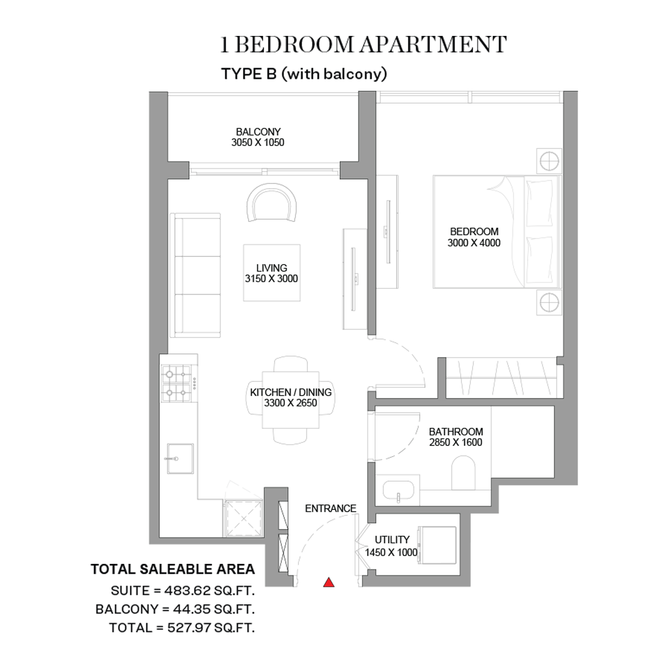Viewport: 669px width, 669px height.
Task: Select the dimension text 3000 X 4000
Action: coord(474,243)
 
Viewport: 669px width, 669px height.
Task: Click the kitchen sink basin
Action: coord(180,459)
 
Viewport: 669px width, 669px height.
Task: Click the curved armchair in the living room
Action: coord(271,202)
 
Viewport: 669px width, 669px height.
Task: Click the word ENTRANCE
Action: coord(330,508)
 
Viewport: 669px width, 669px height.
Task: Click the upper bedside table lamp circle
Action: coord(549,161)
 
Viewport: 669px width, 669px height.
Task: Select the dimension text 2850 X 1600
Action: coord(456,442)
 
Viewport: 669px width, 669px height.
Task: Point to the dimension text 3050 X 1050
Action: coord(258,142)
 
